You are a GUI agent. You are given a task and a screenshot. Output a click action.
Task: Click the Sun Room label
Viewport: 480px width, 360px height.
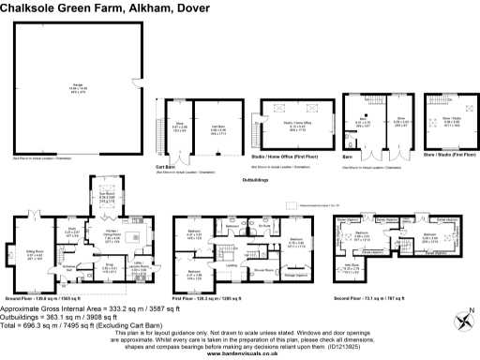[108, 198]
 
